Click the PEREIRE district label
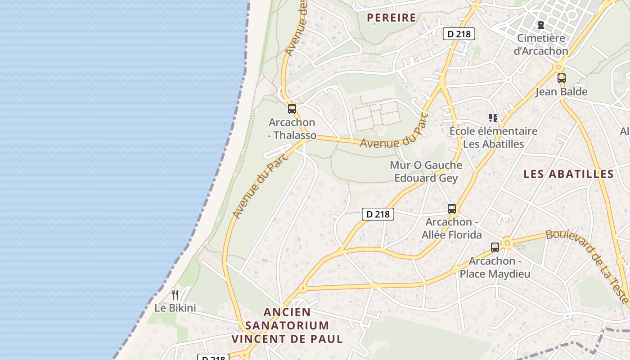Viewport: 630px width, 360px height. [x=391, y=18]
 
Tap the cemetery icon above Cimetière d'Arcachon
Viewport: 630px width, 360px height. [x=540, y=24]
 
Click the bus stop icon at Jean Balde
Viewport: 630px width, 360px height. [x=561, y=78]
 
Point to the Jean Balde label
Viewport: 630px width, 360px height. [x=561, y=92]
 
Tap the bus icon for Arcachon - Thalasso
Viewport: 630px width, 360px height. [x=292, y=108]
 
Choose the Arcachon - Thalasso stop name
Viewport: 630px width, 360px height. [x=292, y=129]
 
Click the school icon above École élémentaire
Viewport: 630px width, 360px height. [x=493, y=118]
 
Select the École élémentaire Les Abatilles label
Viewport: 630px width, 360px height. [x=493, y=138]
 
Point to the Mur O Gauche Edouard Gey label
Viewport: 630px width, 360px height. [x=426, y=171]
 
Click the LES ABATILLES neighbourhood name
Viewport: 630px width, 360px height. [x=569, y=174]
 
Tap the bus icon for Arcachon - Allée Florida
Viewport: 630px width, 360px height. [x=452, y=209]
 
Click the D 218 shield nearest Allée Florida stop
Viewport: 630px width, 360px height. [x=378, y=214]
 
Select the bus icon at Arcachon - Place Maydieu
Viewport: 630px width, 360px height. [x=495, y=247]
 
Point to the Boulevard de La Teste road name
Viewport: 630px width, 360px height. [x=587, y=265]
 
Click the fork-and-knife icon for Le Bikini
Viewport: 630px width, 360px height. [x=175, y=295]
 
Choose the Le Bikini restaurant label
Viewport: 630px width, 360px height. [x=175, y=308]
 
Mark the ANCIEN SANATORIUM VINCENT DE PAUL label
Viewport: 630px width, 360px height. [x=287, y=325]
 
